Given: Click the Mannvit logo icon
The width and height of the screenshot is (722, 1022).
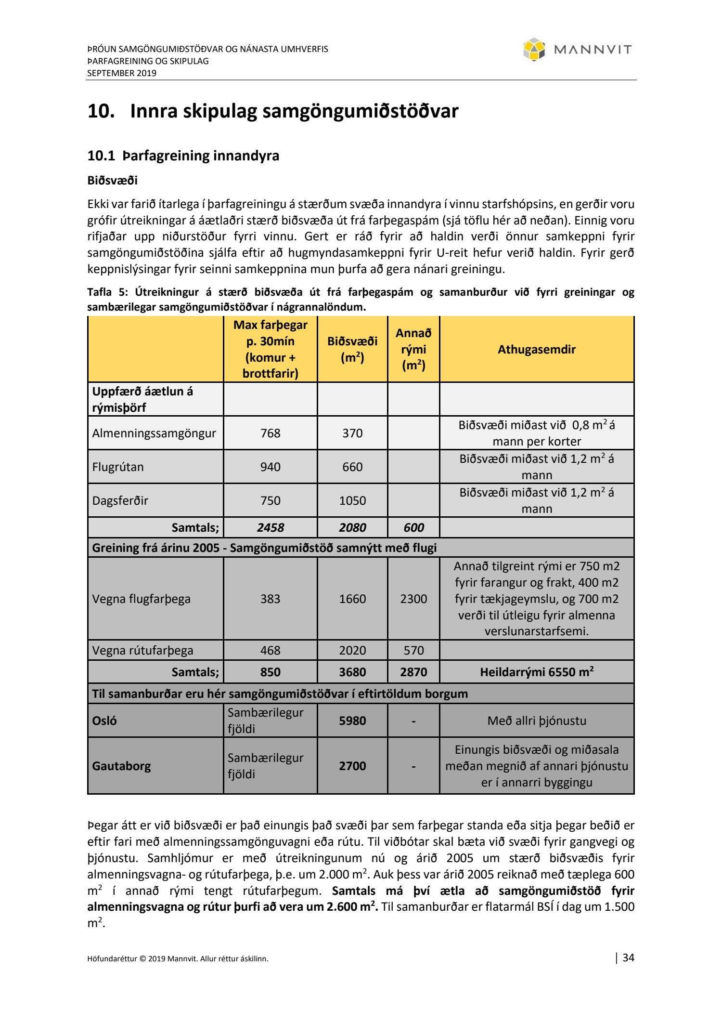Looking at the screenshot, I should tap(534, 50).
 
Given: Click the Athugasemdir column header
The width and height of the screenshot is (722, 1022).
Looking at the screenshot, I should tap(536, 350).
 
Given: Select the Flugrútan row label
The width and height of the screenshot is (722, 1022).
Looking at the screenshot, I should tap(118, 467).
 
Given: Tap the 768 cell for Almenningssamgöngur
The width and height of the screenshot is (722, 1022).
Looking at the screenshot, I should tap(270, 433).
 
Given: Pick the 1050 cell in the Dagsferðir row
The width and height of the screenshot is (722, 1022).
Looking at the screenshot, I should tap(352, 500).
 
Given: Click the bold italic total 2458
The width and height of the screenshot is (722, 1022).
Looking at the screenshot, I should tap(270, 528).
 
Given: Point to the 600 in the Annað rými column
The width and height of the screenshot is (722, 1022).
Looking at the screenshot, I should tap(413, 528).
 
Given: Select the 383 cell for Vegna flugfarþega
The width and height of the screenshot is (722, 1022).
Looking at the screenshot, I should tap(270, 599).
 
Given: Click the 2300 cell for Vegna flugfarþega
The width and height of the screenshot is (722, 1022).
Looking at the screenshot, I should tap(413, 599).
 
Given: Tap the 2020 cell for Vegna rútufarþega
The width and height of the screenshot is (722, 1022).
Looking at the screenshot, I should tap(352, 650).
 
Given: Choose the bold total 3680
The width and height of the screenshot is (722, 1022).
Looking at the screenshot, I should tap(352, 672).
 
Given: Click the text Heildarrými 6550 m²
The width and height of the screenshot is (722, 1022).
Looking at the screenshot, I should tap(536, 672).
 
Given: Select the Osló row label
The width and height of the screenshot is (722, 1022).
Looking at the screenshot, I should tap(104, 721).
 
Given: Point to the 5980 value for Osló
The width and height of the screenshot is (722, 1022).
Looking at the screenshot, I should tap(352, 721).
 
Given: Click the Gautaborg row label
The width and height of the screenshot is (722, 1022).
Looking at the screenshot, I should tap(121, 766).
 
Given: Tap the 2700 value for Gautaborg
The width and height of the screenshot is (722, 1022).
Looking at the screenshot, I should tap(352, 766).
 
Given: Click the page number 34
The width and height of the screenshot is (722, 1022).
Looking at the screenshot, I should tap(628, 958).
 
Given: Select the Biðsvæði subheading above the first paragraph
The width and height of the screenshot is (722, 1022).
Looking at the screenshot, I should tap(112, 181).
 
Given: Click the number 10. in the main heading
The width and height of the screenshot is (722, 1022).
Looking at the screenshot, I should tap(101, 111).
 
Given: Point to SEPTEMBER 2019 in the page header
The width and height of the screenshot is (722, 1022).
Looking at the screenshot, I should tap(122, 73).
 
